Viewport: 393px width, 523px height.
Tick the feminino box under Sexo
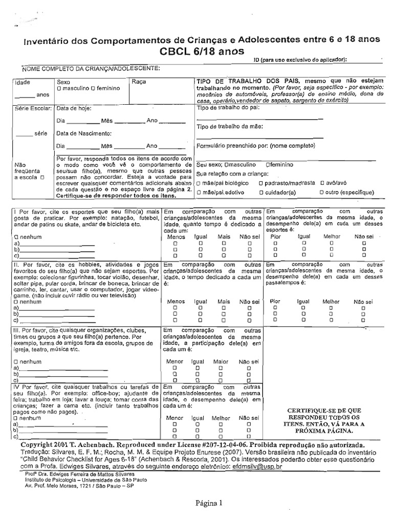93,88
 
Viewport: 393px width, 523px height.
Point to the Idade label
23,82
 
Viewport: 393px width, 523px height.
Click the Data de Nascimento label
84,133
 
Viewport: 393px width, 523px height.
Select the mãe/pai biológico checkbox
199,182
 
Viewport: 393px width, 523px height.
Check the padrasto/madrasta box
261,182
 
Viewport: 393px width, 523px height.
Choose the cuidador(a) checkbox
261,193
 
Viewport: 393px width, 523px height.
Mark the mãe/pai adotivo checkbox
199,193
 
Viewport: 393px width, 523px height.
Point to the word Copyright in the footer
32,445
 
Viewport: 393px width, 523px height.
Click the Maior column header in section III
221,361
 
